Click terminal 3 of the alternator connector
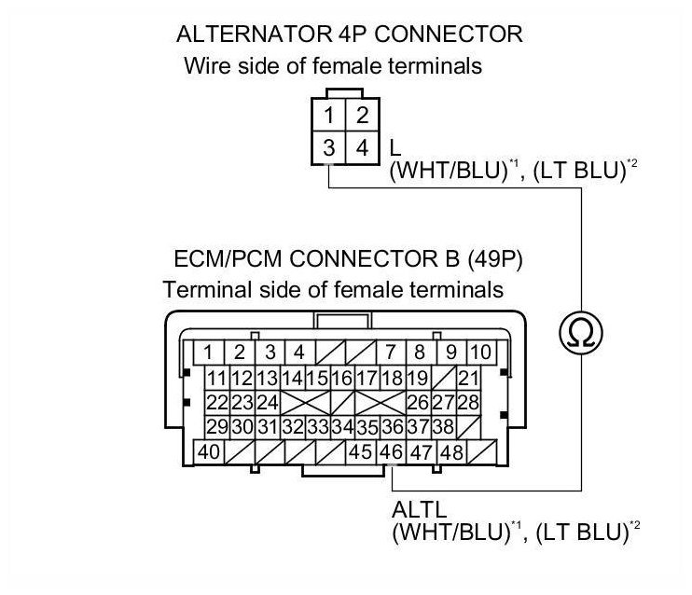(330, 147)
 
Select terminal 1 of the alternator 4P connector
(330, 118)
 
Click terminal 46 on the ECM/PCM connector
(392, 452)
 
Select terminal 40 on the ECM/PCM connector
(209, 452)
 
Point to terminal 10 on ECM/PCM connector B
(480, 353)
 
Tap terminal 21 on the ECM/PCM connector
(468, 379)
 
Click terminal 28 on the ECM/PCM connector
(468, 403)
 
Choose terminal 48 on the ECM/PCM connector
(452, 452)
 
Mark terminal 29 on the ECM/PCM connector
(217, 427)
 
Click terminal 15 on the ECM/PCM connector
(317, 379)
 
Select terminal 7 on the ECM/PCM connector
(391, 353)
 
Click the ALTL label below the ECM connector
(417, 511)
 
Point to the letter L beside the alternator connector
(395, 148)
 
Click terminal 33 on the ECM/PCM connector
(317, 427)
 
